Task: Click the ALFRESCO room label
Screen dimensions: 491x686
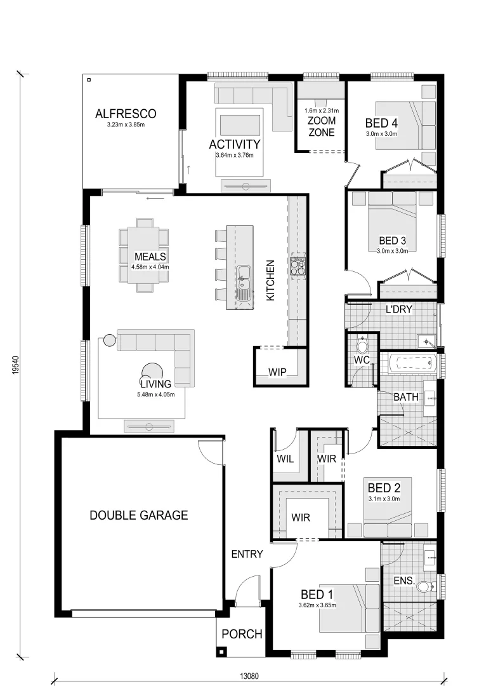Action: tap(126, 114)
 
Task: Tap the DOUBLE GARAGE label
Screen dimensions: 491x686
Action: tap(139, 515)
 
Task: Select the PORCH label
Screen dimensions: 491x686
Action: tap(242, 634)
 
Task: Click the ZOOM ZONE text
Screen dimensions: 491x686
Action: tap(322, 126)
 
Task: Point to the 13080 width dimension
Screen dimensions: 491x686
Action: tap(249, 676)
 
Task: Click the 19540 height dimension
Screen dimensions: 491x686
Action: tap(15, 365)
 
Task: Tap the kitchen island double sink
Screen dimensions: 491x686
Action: tap(244, 283)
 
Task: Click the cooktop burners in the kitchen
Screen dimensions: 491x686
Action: tap(298, 267)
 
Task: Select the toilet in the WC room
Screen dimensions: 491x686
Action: tap(362, 345)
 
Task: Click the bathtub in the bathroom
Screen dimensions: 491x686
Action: tap(412, 363)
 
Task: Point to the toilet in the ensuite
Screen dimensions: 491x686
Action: tap(424, 586)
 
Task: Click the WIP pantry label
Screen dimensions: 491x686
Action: tap(277, 372)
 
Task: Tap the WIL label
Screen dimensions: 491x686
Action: tap(285, 459)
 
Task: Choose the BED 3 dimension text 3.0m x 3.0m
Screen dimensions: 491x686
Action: tap(392, 251)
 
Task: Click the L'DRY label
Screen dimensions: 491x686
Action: tap(399, 309)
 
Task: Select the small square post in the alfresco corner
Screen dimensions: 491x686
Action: tap(89, 80)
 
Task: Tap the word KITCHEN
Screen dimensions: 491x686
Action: tap(270, 281)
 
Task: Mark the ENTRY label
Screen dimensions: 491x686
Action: tap(247, 555)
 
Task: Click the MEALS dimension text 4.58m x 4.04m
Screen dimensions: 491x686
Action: tap(150, 267)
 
